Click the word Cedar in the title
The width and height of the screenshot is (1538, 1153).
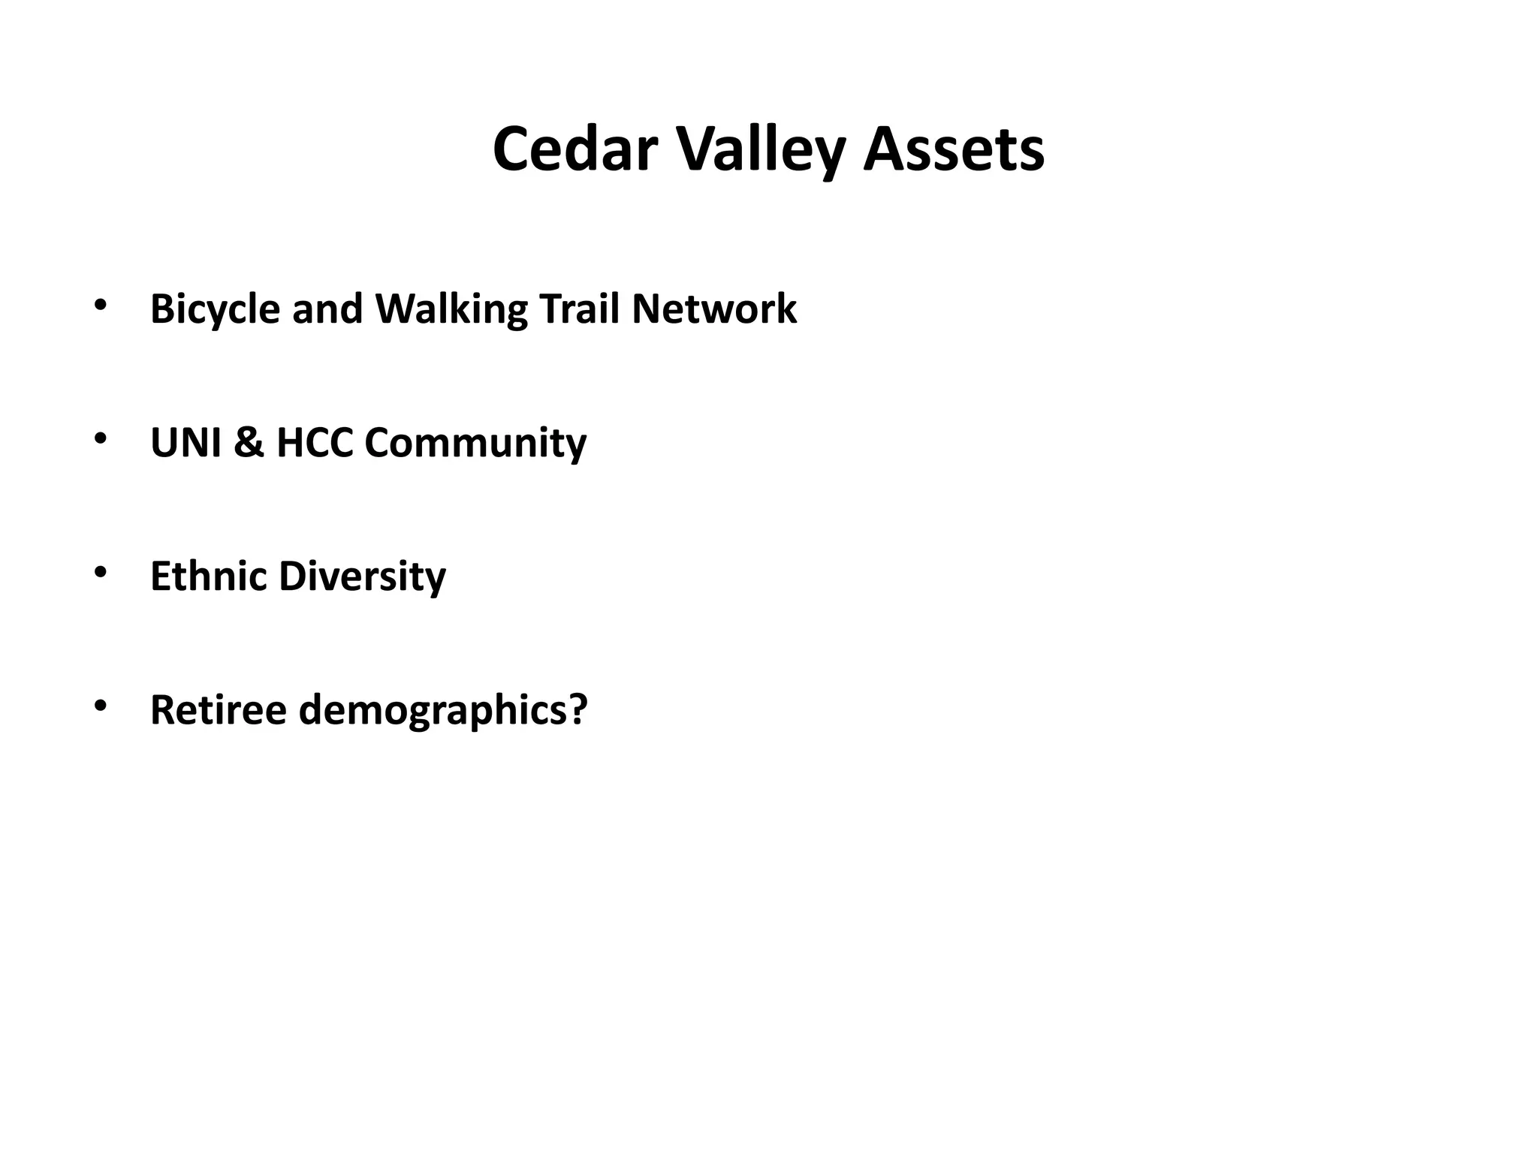[574, 149]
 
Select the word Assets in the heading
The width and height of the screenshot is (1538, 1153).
[954, 149]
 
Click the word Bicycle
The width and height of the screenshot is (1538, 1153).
[215, 309]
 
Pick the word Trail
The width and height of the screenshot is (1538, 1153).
[578, 309]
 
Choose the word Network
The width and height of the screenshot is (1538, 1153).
[714, 309]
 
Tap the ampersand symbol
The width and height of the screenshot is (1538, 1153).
[249, 442]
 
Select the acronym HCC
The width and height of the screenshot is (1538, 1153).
[315, 442]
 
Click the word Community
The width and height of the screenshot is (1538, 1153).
[475, 442]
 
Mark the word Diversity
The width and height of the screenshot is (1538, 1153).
[362, 576]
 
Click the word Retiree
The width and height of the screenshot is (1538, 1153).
[219, 709]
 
